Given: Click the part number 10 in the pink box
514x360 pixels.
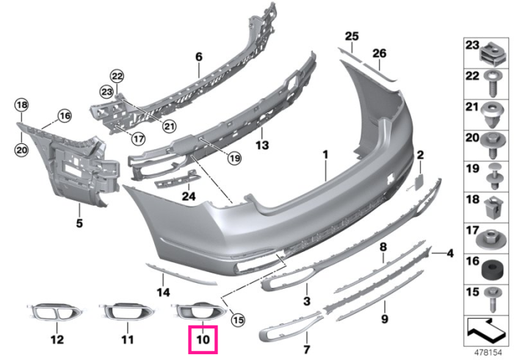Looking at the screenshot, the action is pyautogui.click(x=203, y=339).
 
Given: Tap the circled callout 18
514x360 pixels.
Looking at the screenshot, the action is pyautogui.click(x=21, y=105).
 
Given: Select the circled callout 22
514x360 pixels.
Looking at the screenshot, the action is pyautogui.click(x=117, y=76).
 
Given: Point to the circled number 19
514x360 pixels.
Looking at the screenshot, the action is pyautogui.click(x=235, y=159).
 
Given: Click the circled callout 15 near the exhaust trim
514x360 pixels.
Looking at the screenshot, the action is pyautogui.click(x=238, y=319).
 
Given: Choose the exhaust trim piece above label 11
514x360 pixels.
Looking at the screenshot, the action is pyautogui.click(x=126, y=312).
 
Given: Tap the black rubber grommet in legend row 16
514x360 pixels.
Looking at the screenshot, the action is pyautogui.click(x=491, y=269).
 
